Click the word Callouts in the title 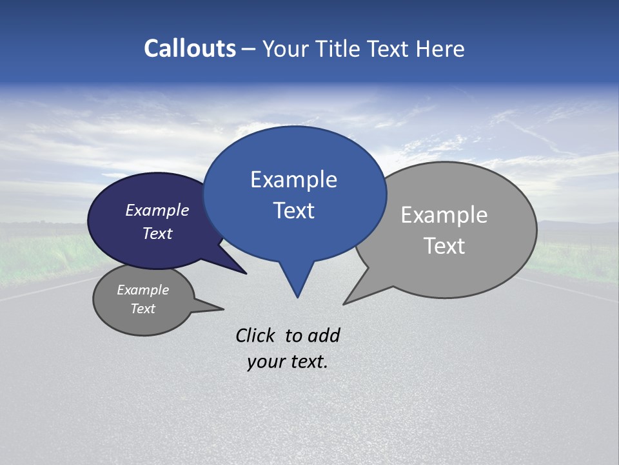pyautogui.click(x=190, y=48)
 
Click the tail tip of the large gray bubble pyautogui.click(x=348, y=301)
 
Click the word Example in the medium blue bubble pyautogui.click(x=293, y=180)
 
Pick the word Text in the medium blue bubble pyautogui.click(x=293, y=211)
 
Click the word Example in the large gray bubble pyautogui.click(x=444, y=215)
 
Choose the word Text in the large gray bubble pyautogui.click(x=444, y=246)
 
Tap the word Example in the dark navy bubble pyautogui.click(x=157, y=210)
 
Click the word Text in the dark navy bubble pyautogui.click(x=157, y=233)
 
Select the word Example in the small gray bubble pyautogui.click(x=142, y=290)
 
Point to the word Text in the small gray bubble pyautogui.click(x=142, y=309)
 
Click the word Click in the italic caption pyautogui.click(x=255, y=335)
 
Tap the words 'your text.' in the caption pyautogui.click(x=288, y=362)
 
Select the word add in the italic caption pyautogui.click(x=324, y=335)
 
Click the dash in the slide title pyautogui.click(x=249, y=49)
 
